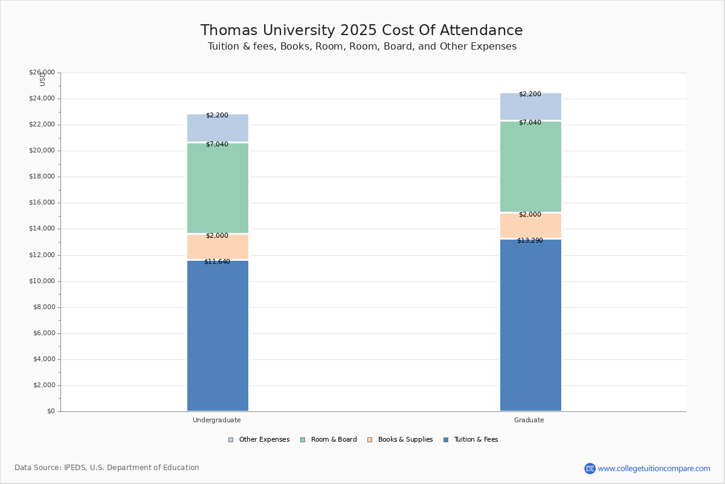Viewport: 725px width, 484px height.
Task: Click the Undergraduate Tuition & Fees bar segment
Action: click(218, 336)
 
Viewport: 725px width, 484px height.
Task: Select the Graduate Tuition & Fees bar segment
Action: click(531, 325)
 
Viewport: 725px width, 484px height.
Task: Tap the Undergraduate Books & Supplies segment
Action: click(218, 247)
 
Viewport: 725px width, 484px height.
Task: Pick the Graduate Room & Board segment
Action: click(531, 166)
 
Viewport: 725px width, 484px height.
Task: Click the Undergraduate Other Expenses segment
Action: click(218, 128)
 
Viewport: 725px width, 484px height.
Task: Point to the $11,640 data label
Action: click(217, 261)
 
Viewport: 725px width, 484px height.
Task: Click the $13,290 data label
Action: click(530, 241)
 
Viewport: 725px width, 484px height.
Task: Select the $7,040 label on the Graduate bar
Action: click(530, 123)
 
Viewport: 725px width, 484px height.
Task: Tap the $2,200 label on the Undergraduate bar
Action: click(217, 116)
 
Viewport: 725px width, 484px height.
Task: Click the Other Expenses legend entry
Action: click(259, 440)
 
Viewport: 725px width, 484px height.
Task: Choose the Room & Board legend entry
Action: click(329, 440)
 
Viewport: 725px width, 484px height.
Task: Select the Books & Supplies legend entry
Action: click(400, 440)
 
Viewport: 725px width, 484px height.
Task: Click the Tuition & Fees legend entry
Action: click(471, 440)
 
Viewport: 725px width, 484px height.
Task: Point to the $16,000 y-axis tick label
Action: click(42, 203)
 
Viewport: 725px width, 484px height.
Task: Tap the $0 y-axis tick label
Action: click(51, 411)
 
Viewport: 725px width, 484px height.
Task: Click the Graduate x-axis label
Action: click(529, 420)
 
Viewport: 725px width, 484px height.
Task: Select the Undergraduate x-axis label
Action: click(217, 420)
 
